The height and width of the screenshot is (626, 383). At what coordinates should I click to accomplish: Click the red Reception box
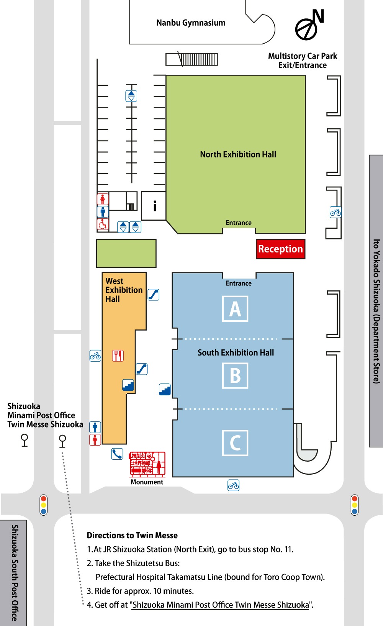280,249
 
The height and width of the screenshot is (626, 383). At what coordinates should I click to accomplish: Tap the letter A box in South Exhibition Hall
235,309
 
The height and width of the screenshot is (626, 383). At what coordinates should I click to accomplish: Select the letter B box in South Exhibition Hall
235,375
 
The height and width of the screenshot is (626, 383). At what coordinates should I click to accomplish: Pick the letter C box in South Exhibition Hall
235,443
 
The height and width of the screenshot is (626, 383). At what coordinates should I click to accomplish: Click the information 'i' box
154,206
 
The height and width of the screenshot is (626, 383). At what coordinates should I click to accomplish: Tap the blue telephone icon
117,454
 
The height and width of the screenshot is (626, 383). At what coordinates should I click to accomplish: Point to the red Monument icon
147,464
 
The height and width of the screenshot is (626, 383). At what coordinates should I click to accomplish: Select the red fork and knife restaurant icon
118,356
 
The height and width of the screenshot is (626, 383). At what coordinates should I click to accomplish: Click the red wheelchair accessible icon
103,225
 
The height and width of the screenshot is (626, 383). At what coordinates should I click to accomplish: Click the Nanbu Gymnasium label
191,23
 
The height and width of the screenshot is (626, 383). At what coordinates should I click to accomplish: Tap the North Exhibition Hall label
238,154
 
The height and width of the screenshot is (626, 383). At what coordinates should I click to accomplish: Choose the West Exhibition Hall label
123,290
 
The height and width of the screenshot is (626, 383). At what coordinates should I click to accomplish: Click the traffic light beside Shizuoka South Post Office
44,505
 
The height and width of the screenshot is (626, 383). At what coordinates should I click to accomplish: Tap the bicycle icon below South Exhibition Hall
233,486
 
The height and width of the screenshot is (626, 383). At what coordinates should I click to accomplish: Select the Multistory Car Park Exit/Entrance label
303,61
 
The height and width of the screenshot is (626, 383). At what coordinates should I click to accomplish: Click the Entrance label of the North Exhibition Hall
239,223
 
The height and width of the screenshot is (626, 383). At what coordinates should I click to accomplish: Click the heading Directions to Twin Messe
132,536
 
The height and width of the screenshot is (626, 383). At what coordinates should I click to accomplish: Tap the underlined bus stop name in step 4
221,605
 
